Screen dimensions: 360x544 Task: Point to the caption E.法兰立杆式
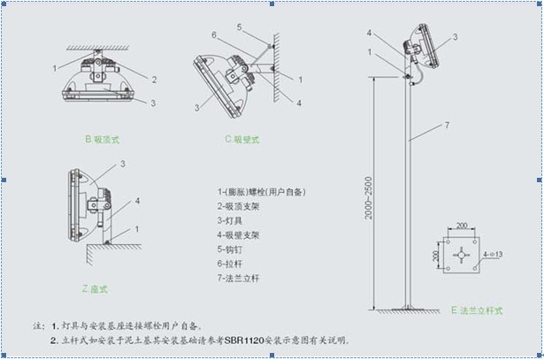pyautogui.click(x=478, y=311)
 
